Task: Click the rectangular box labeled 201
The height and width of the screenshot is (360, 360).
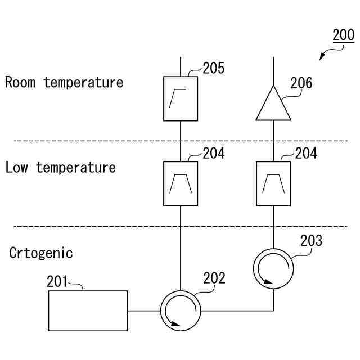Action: pos(88,310)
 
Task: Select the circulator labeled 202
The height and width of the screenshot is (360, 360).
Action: pos(181,310)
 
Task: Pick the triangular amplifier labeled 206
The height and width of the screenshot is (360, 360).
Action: pos(273,105)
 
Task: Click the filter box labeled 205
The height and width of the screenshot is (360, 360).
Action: pos(181,98)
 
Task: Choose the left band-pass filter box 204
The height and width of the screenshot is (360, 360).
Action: pos(181,183)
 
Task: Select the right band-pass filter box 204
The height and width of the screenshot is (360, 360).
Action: pos(273,183)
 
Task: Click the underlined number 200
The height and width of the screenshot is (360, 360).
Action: pos(343,35)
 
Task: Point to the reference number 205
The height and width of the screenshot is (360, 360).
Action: pos(214,69)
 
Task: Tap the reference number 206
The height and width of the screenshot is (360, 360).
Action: pos(301,84)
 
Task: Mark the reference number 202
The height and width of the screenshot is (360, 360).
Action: pos(214,278)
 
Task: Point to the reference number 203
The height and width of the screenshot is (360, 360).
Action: pos(311,241)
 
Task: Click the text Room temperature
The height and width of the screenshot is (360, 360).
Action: pos(64,83)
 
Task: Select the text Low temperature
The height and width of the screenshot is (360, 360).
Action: pos(61,168)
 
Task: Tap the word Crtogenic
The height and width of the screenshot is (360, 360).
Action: pos(41,253)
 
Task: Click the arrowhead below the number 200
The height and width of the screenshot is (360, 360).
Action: pos(322,57)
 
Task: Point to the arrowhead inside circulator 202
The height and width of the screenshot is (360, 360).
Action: pos(176,324)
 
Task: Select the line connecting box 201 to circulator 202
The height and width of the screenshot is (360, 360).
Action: pos(144,310)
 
